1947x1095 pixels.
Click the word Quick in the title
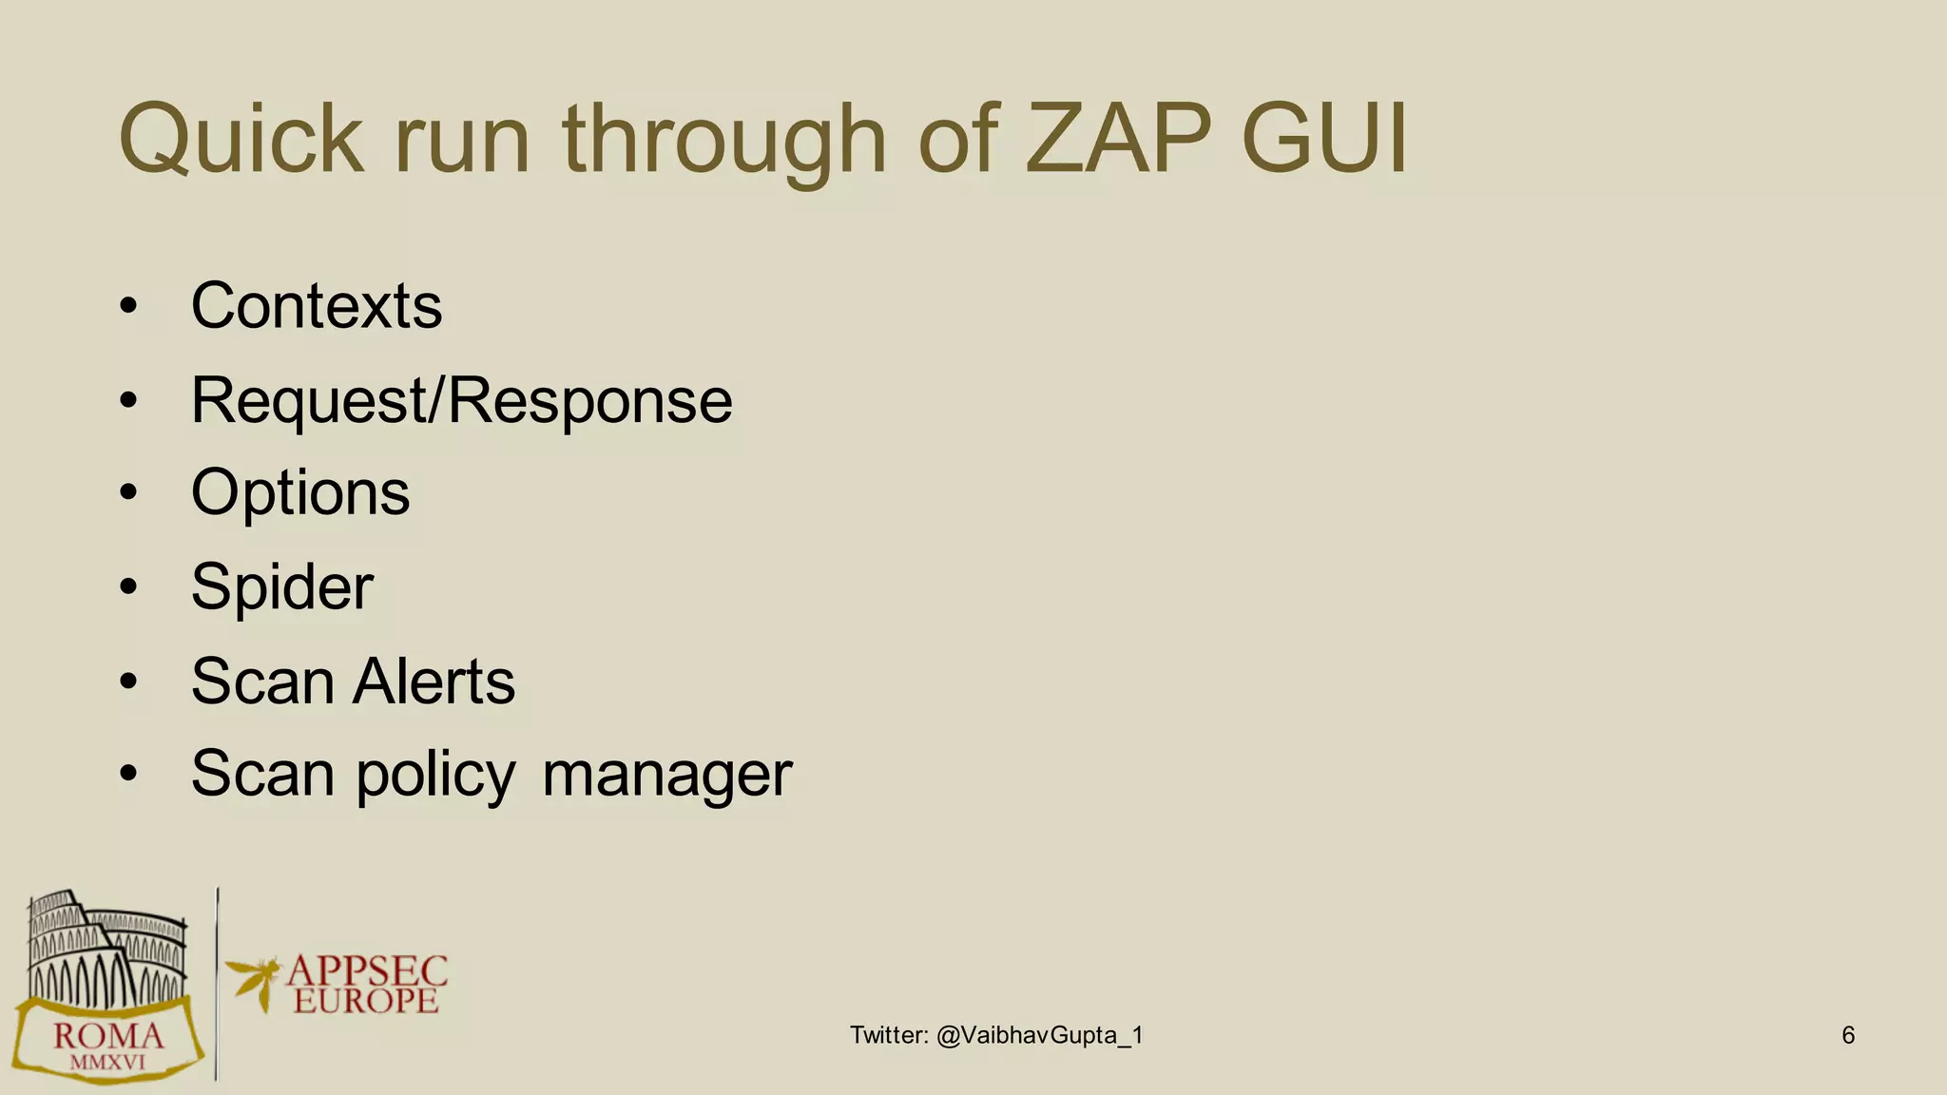pos(241,141)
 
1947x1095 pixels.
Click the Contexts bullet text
pos(317,306)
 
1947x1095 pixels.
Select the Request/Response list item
pos(462,400)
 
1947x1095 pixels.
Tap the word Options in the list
pos(300,493)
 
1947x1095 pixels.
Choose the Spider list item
pos(282,587)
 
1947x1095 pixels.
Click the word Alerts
pos(434,681)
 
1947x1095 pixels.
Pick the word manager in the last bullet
pos(666,774)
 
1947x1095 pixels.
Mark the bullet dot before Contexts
pos(129,306)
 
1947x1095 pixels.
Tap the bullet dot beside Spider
pos(129,587)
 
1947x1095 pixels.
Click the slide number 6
pos(1847,1035)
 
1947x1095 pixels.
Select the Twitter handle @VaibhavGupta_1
pos(1039,1035)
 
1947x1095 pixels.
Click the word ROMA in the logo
pos(108,1036)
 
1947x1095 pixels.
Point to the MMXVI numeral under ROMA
pos(107,1062)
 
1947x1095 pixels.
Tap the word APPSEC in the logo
pos(367,971)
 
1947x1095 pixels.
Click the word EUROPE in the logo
pos(366,1001)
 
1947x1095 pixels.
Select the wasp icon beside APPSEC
pos(254,981)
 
